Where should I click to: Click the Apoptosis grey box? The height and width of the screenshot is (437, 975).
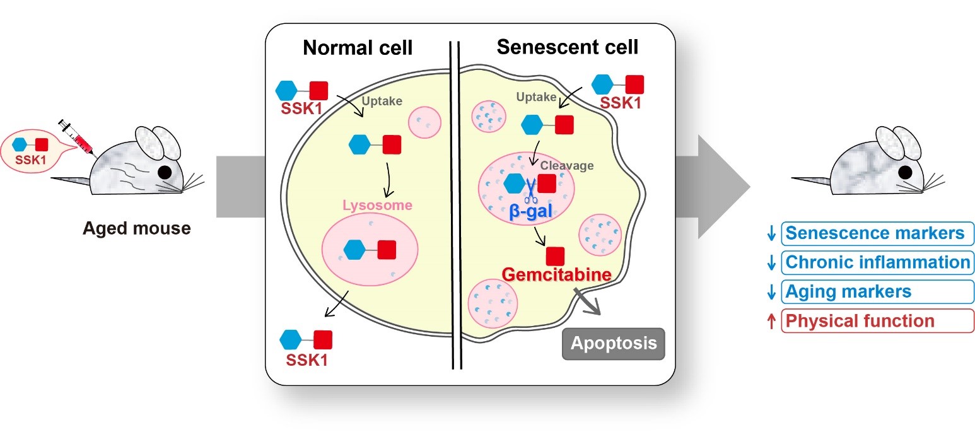(x=614, y=344)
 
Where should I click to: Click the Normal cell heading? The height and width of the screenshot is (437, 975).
(x=358, y=48)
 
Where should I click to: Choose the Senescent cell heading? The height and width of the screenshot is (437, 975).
(x=568, y=47)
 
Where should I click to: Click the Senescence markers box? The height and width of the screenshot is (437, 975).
(x=877, y=234)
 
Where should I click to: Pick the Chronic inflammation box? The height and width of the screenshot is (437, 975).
(x=877, y=262)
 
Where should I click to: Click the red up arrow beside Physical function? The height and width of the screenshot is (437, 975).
(x=771, y=321)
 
